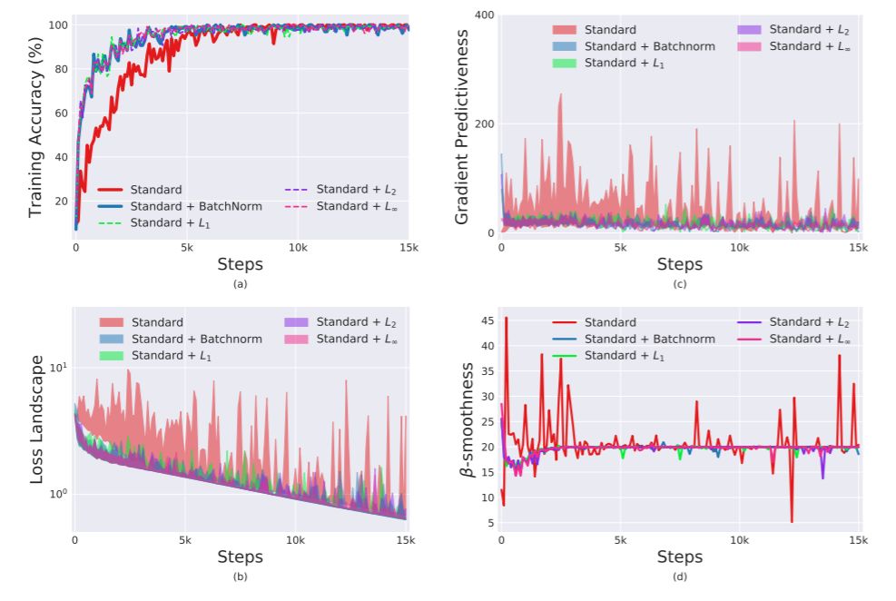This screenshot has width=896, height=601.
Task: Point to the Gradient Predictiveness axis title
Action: pos(462,127)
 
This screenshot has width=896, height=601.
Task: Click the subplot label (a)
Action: pos(241,285)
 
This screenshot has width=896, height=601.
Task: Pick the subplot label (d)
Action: pos(680,577)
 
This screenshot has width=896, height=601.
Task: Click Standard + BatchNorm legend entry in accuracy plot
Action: pos(196,206)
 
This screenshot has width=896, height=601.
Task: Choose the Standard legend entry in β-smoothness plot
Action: pos(608,322)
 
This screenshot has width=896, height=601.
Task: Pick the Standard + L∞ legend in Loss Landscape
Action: pos(357,339)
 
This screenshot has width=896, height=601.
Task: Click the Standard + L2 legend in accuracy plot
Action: pos(357,190)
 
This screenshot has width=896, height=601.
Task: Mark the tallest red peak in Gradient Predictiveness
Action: pos(560,94)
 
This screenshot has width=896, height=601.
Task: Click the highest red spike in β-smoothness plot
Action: pos(507,318)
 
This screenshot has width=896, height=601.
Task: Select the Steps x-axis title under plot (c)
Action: pos(680,264)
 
